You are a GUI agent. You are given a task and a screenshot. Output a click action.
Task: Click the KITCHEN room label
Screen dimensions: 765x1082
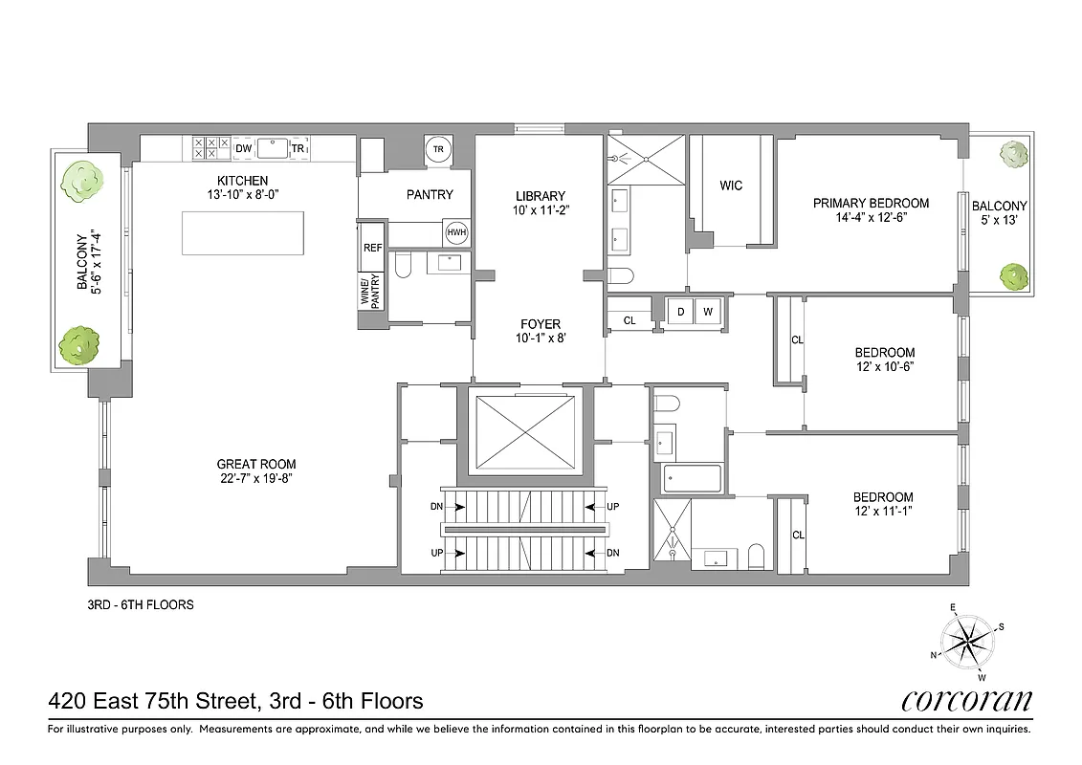(242, 181)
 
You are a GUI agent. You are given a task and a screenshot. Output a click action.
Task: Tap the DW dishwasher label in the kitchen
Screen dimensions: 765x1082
(244, 149)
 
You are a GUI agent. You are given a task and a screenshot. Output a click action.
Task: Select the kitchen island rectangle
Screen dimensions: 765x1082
(244, 231)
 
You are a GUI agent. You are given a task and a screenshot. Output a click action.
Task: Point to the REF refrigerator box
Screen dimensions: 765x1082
(372, 248)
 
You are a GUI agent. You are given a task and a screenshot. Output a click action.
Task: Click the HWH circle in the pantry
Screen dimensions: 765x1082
(456, 233)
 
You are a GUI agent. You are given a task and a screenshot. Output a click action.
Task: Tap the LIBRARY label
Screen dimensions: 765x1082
(540, 196)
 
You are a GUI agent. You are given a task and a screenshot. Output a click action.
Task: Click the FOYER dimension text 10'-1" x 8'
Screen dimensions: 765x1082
(540, 338)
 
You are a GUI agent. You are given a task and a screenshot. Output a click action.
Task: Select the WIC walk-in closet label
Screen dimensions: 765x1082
(730, 186)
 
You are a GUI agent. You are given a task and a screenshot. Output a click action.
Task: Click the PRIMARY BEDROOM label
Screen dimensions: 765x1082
(871, 203)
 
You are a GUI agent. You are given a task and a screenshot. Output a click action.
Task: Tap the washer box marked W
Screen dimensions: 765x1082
(708, 312)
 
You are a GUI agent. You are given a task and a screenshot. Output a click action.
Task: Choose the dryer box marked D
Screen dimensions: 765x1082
(681, 312)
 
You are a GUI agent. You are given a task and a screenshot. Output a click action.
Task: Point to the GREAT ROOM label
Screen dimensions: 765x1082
(256, 465)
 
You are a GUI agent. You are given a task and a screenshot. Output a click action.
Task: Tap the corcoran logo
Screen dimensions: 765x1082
(967, 701)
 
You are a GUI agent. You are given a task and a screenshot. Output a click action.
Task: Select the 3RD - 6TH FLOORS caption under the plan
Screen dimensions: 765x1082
(141, 604)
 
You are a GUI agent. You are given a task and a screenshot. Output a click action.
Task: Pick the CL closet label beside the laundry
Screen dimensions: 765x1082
(629, 321)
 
